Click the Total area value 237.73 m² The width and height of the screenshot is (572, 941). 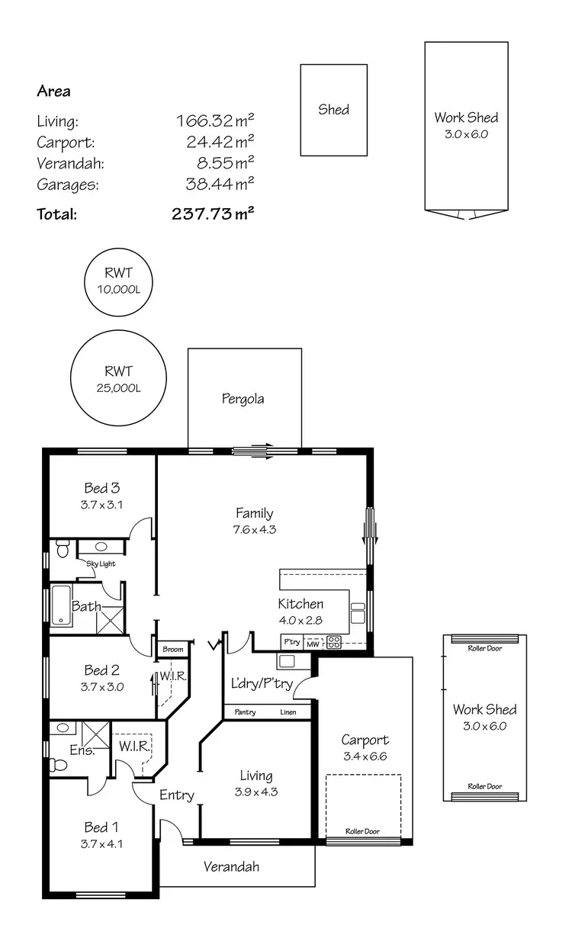pos(213,214)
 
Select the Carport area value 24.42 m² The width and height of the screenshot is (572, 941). pos(220,142)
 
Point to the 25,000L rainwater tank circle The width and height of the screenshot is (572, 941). pos(119,380)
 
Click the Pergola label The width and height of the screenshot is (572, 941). pos(243,398)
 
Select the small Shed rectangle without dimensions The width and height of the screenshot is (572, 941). pos(333,110)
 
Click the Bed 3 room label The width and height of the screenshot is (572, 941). pos(101,488)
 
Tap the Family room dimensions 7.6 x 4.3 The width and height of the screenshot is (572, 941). pos(254,529)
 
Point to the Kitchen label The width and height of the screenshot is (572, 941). pos(300,603)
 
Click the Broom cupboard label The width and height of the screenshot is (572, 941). pos(173,649)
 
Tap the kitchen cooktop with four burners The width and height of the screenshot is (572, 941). pos(334,641)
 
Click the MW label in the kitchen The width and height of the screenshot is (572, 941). pos(312,644)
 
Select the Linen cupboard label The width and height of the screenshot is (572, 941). pos(288,712)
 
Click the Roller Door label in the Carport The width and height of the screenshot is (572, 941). pos(362,831)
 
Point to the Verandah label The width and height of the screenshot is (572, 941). pos(231,866)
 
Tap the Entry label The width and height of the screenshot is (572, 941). pos(177,795)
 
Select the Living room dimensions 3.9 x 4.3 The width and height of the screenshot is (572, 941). pos(255,792)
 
